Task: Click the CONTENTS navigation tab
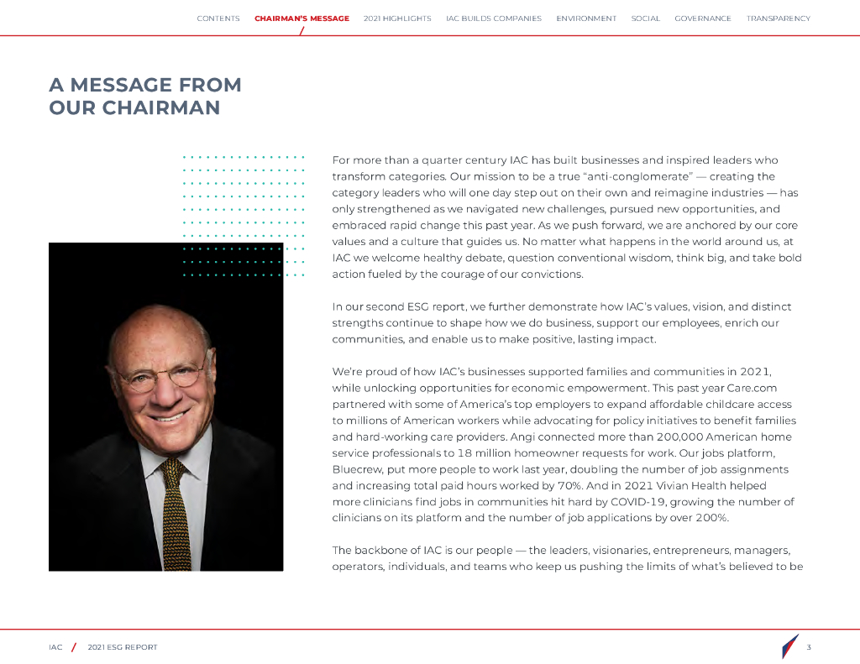218,18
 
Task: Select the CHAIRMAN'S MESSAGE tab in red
302,18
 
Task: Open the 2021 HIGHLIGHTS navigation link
397,18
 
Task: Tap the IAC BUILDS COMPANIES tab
494,18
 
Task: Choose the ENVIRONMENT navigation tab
586,18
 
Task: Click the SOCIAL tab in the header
646,18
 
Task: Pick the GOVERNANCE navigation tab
703,18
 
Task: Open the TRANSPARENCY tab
779,18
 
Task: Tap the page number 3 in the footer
808,647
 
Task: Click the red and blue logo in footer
789,646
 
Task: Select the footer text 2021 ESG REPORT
123,647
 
